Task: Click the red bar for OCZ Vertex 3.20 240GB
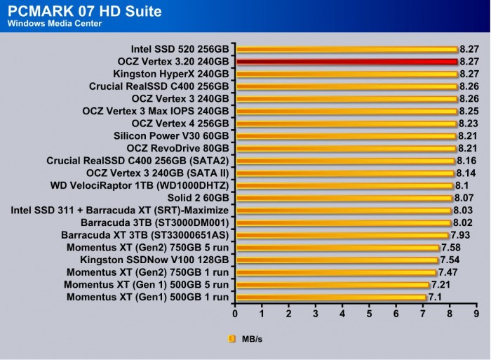[347, 62]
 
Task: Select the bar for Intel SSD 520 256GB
[347, 49]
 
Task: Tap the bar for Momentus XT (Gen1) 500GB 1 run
[331, 298]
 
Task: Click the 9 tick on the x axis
[476, 314]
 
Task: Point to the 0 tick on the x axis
[236, 314]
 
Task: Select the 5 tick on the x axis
[370, 314]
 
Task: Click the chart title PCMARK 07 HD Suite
[84, 11]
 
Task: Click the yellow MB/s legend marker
[231, 339]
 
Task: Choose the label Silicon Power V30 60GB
[171, 136]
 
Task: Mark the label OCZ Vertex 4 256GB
[180, 124]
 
